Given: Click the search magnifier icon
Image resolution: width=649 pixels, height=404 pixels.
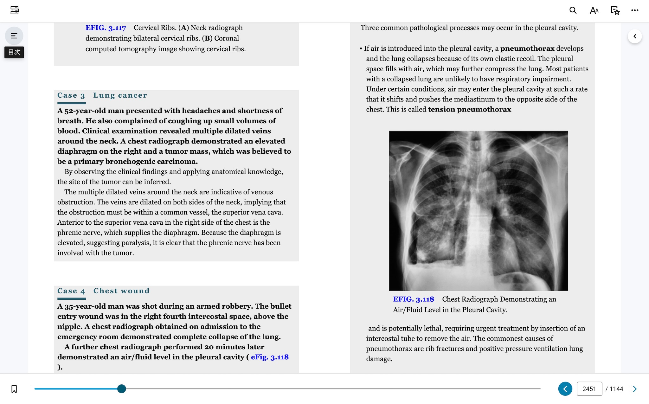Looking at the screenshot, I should (573, 10).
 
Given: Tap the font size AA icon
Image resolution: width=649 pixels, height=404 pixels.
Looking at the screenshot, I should (594, 10).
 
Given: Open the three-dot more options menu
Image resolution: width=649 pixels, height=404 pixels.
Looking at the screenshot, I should (634, 10).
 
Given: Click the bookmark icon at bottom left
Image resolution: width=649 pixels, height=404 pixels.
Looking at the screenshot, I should (14, 389).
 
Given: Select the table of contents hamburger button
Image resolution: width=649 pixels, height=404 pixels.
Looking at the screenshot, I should (14, 36).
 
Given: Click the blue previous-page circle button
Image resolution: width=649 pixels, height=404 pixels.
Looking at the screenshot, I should (565, 389).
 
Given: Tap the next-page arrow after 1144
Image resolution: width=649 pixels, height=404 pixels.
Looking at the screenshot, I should (634, 389).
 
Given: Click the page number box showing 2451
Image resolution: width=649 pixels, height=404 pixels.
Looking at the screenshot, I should (589, 389).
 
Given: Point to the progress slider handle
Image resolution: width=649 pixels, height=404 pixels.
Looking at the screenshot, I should (121, 389).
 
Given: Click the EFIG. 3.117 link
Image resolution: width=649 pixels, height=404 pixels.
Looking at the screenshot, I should (106, 28).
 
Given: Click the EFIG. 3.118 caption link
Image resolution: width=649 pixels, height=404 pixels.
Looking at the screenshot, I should (413, 299).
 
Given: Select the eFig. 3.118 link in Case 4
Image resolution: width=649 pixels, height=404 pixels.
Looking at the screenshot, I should (270, 357).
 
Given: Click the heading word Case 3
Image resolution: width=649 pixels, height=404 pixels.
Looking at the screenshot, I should (71, 95).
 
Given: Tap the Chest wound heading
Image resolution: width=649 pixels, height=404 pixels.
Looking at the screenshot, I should (121, 291).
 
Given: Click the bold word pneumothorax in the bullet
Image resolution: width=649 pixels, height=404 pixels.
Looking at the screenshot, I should (527, 48).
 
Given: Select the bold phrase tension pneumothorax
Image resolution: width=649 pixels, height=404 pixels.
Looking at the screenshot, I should (469, 109).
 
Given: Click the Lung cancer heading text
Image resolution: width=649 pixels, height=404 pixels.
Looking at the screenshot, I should (120, 95).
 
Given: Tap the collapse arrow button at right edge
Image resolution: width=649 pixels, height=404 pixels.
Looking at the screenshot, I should (634, 36).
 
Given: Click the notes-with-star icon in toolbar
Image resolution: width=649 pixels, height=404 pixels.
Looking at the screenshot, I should (615, 10).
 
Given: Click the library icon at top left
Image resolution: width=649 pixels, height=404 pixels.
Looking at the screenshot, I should (15, 10).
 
